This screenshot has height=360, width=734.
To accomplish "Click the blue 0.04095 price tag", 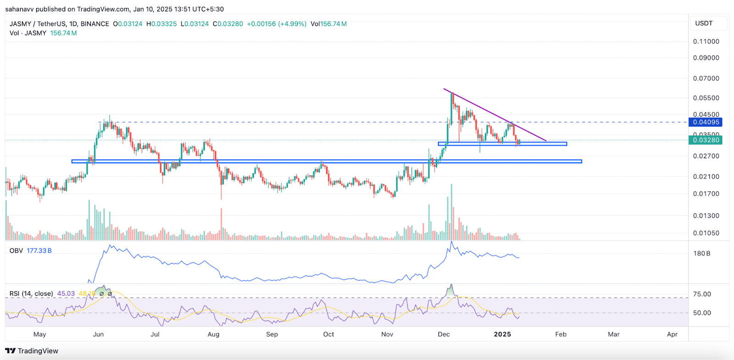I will [x=706, y=122].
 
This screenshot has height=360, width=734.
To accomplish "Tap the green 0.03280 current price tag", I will [x=706, y=140].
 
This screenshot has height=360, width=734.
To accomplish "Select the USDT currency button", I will [x=704, y=23].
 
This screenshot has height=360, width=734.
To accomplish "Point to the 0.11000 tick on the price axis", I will [x=706, y=41].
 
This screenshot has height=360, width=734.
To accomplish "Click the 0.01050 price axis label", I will [x=706, y=233].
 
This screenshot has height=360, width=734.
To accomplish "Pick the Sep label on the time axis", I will [x=272, y=334].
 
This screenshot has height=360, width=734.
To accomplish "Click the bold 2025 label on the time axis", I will [x=502, y=334].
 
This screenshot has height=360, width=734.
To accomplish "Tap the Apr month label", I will [x=672, y=334].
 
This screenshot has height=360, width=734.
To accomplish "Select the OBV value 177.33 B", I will [x=39, y=251].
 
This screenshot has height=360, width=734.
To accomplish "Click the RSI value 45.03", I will [x=66, y=294].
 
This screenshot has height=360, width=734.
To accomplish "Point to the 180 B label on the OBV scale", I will [x=702, y=254].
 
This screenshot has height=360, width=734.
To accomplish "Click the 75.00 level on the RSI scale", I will [x=702, y=294].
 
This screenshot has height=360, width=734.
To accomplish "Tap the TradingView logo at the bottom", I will [x=32, y=351].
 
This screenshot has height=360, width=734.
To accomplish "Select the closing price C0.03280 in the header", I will [x=228, y=24].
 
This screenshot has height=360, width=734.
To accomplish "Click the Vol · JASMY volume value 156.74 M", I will [x=63, y=33].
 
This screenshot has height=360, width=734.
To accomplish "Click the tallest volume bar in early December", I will [x=451, y=211].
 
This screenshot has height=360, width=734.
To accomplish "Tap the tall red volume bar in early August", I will [x=221, y=225].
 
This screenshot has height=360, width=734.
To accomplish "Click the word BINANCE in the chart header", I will [x=95, y=24].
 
